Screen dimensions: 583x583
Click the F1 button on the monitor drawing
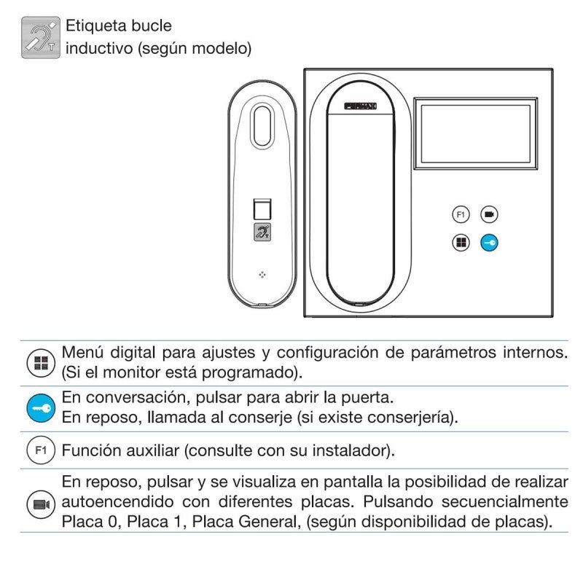460,214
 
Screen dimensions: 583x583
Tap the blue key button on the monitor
489,243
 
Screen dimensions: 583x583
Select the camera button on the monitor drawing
489,214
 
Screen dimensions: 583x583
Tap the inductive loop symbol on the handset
262,232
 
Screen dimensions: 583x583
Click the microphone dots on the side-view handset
262,274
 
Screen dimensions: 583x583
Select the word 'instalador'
353,451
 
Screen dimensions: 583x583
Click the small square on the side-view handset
262,209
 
